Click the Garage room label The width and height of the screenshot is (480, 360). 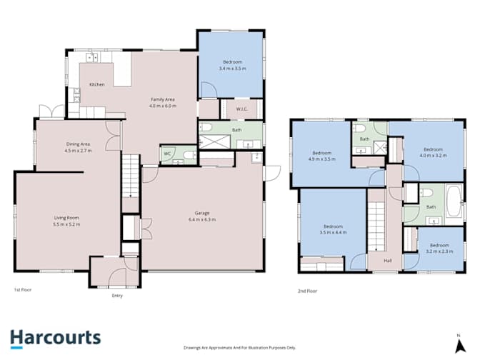coord(202,213)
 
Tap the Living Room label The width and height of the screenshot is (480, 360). coord(66,218)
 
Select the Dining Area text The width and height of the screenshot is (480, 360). coord(78,144)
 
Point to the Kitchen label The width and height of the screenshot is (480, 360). coord(96,84)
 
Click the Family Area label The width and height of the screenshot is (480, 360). coord(163,99)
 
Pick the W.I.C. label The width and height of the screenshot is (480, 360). coord(242,109)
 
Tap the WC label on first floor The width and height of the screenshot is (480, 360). coord(167,154)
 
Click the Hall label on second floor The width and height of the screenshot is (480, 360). coord(388,261)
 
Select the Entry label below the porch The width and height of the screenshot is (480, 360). coord(117,296)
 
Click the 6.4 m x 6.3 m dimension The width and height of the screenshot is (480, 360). coord(202,219)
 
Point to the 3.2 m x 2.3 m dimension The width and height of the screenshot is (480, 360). coord(439,251)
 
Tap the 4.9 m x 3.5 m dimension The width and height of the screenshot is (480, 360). coord(321,159)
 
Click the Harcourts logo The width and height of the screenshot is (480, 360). coord(56,339)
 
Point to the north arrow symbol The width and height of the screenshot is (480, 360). coord(459,344)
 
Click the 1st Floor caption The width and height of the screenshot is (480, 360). coord(23,289)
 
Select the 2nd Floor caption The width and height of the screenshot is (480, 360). coord(307,291)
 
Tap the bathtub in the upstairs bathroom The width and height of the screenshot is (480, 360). coord(454,201)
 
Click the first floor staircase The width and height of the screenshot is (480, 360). coord(131,176)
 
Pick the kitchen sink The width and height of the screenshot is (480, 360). coord(92,57)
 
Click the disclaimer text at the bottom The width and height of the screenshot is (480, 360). coord(240,348)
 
